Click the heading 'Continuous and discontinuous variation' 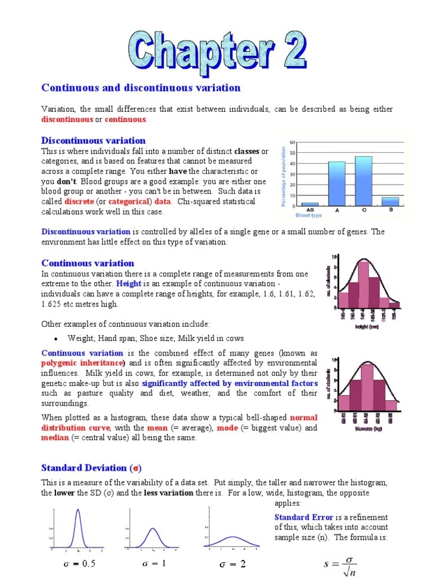click(x=141, y=87)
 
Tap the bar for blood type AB click(x=310, y=204)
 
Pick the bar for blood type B click(x=390, y=202)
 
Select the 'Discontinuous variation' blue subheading click(x=93, y=141)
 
